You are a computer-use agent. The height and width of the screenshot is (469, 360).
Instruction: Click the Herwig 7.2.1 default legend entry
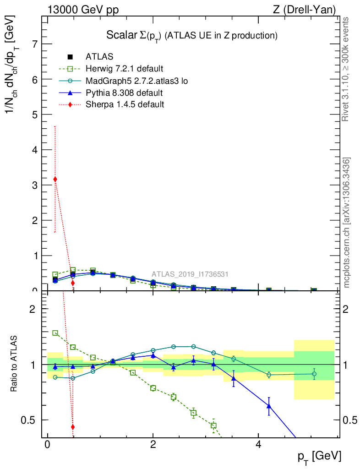tap(124, 69)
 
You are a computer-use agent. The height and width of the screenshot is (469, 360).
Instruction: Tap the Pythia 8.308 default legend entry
tap(124, 93)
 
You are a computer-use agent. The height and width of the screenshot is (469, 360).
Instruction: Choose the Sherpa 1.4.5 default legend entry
tap(125, 105)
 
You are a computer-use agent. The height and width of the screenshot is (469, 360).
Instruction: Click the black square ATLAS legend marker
tap(70, 57)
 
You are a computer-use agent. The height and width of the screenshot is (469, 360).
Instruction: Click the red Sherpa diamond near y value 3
tap(55, 179)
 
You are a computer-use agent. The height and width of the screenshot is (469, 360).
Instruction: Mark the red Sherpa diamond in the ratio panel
tap(72, 427)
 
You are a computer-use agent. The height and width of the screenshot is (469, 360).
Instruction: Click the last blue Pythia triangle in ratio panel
tap(269, 406)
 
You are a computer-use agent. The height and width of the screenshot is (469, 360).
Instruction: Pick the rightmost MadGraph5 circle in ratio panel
tap(314, 374)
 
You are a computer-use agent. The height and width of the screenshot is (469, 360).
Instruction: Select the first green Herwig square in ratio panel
tap(55, 333)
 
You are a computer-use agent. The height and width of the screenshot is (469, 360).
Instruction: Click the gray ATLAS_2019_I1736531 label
tap(190, 274)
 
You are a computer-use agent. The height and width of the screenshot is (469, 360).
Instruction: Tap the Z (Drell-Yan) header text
tap(304, 9)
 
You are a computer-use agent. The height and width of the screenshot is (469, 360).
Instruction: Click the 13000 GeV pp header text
tap(83, 9)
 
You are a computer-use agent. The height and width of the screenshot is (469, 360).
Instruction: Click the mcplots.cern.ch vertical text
tap(347, 223)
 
